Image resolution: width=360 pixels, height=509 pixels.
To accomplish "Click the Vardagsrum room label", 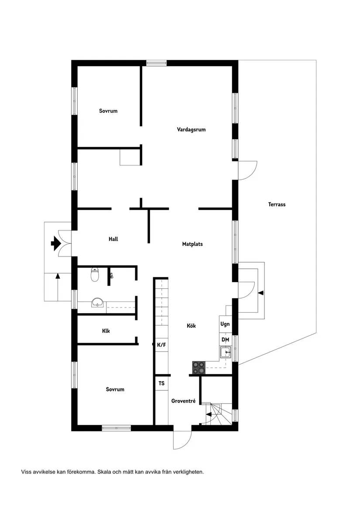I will click(191, 130).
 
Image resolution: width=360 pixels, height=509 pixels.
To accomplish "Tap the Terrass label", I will click(277, 204).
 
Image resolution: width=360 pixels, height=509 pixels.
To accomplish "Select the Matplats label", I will click(192, 244).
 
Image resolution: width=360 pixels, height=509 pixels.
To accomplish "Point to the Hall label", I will click(113, 239).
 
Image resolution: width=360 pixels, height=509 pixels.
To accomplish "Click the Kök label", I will click(192, 326).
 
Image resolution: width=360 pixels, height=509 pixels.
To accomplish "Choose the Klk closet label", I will click(106, 331).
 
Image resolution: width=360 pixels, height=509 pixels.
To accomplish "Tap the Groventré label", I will click(183, 401).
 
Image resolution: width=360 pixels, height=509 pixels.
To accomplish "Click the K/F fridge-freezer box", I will click(161, 345).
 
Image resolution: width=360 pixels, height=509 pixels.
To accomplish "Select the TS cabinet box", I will click(161, 383).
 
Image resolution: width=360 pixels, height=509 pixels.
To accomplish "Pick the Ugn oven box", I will click(225, 325).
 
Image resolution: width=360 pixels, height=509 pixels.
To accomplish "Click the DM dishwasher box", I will click(225, 340).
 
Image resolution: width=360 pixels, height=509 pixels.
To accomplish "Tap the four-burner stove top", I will click(199, 368).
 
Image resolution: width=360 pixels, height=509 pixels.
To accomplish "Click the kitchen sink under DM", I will click(226, 352).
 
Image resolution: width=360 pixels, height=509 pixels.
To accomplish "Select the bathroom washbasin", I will click(97, 302).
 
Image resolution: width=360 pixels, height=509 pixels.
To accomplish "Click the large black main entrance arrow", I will click(56, 243).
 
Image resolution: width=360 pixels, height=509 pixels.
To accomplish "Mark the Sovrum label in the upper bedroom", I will click(108, 111).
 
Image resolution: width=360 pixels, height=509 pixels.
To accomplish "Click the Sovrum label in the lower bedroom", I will click(115, 389).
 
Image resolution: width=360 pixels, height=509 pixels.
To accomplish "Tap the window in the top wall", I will click(157, 63).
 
